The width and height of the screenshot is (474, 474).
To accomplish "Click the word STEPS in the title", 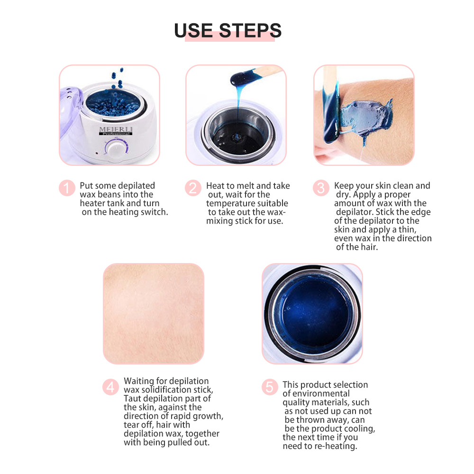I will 250,30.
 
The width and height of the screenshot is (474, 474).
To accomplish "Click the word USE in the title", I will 193,30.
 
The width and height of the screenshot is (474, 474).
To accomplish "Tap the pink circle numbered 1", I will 67,188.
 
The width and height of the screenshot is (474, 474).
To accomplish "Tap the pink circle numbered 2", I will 193,188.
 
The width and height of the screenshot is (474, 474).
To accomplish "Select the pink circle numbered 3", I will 321,188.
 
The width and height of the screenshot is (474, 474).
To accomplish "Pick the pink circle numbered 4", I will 110,387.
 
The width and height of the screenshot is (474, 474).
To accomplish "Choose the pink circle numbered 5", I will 269,387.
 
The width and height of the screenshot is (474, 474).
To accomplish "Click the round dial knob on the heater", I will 115,150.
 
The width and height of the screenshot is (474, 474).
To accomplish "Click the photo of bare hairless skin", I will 154,314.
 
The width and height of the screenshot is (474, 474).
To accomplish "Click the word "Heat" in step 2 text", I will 216,186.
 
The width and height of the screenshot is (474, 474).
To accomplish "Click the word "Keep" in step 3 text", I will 344,186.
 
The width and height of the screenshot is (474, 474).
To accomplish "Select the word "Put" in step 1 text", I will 86,186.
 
